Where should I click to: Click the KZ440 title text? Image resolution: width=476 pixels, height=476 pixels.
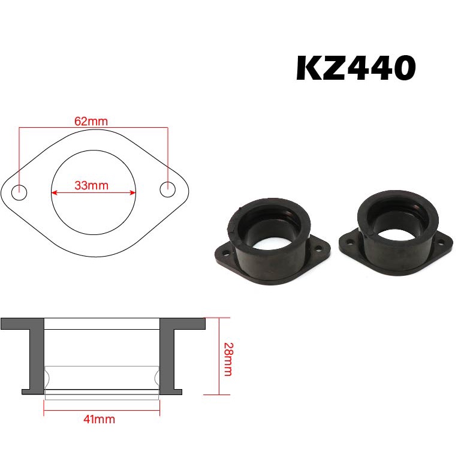pos(356,69)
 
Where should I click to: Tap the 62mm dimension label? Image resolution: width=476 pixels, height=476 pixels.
pos(91,121)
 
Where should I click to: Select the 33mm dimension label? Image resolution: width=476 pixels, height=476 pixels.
pos(92,185)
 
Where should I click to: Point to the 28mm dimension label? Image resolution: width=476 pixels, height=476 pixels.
pos(227,358)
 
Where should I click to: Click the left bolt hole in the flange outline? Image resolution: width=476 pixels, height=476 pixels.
pos(20,193)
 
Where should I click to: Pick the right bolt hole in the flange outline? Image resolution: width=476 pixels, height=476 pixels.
pos(167,189)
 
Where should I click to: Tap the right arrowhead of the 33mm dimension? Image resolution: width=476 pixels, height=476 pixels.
pos(134,192)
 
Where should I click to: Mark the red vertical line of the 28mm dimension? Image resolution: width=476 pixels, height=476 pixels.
pos(220,356)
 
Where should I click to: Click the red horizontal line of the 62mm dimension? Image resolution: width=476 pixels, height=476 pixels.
pos(93,128)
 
